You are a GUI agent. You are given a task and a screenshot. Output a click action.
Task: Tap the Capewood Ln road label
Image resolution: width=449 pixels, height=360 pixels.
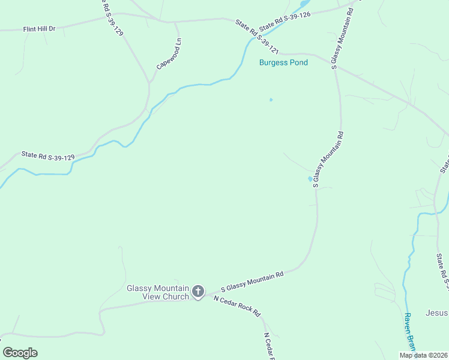[169, 55]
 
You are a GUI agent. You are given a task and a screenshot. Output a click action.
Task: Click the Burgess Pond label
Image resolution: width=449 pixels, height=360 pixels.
[283, 62]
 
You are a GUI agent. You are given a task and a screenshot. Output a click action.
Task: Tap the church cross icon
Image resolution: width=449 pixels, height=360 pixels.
[198, 293]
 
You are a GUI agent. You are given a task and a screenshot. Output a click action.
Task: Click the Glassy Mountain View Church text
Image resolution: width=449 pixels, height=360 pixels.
[158, 292]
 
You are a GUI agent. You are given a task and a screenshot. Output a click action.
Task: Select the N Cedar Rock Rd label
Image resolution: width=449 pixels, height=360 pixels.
[238, 305]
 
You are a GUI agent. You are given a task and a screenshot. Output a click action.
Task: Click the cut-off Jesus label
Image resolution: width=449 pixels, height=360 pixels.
[436, 313]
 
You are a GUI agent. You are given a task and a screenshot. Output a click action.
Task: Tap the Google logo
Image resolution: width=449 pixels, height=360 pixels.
[20, 352]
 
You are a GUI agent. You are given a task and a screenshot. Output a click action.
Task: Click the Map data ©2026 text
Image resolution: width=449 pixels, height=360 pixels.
[424, 355]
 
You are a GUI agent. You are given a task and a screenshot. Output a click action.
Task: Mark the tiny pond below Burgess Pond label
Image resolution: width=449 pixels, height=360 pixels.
[271, 100]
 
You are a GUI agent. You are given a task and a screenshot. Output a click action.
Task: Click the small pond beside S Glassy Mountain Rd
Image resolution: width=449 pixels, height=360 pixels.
[310, 178]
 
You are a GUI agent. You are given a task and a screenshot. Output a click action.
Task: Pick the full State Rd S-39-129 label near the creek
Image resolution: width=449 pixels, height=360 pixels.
[48, 156]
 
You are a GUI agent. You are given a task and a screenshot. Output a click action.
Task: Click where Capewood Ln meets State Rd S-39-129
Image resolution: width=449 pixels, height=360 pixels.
[148, 83]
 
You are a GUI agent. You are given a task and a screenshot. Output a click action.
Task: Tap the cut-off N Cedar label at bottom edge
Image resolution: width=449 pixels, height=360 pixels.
[267, 346]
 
